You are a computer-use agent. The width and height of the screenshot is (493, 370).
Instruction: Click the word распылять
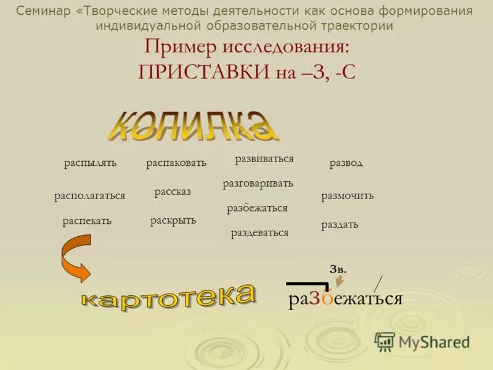90,163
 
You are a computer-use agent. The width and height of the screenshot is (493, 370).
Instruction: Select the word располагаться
90,195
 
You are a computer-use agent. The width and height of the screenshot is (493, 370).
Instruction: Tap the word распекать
87,221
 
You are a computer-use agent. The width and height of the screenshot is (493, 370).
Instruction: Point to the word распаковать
176,163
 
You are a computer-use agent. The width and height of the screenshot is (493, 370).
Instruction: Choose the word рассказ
173,192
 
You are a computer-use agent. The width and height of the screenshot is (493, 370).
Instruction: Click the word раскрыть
173,220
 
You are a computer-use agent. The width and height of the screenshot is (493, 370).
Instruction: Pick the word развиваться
264,158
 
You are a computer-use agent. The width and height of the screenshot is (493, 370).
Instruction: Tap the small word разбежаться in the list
257,208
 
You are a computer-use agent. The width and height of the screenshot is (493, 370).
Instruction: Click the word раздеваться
259,232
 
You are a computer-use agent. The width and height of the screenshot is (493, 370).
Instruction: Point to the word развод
346,163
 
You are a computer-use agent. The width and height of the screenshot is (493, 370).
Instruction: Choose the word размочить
348,196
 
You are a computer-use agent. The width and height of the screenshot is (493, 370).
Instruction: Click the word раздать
340,224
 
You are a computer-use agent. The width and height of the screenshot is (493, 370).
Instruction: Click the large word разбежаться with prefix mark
345,298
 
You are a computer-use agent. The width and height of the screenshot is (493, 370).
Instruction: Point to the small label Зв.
338,269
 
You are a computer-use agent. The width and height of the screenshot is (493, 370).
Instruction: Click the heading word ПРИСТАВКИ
205,72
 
